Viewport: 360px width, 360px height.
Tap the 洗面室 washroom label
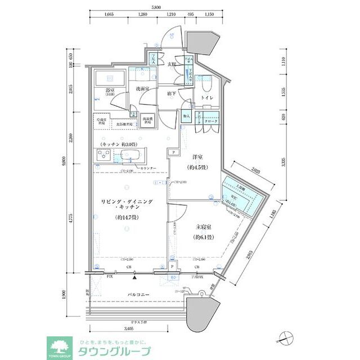(142, 89)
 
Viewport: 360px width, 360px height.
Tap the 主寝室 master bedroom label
(202, 228)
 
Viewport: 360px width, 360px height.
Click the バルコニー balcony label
(138, 294)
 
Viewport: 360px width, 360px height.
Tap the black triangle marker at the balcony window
(135, 277)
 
